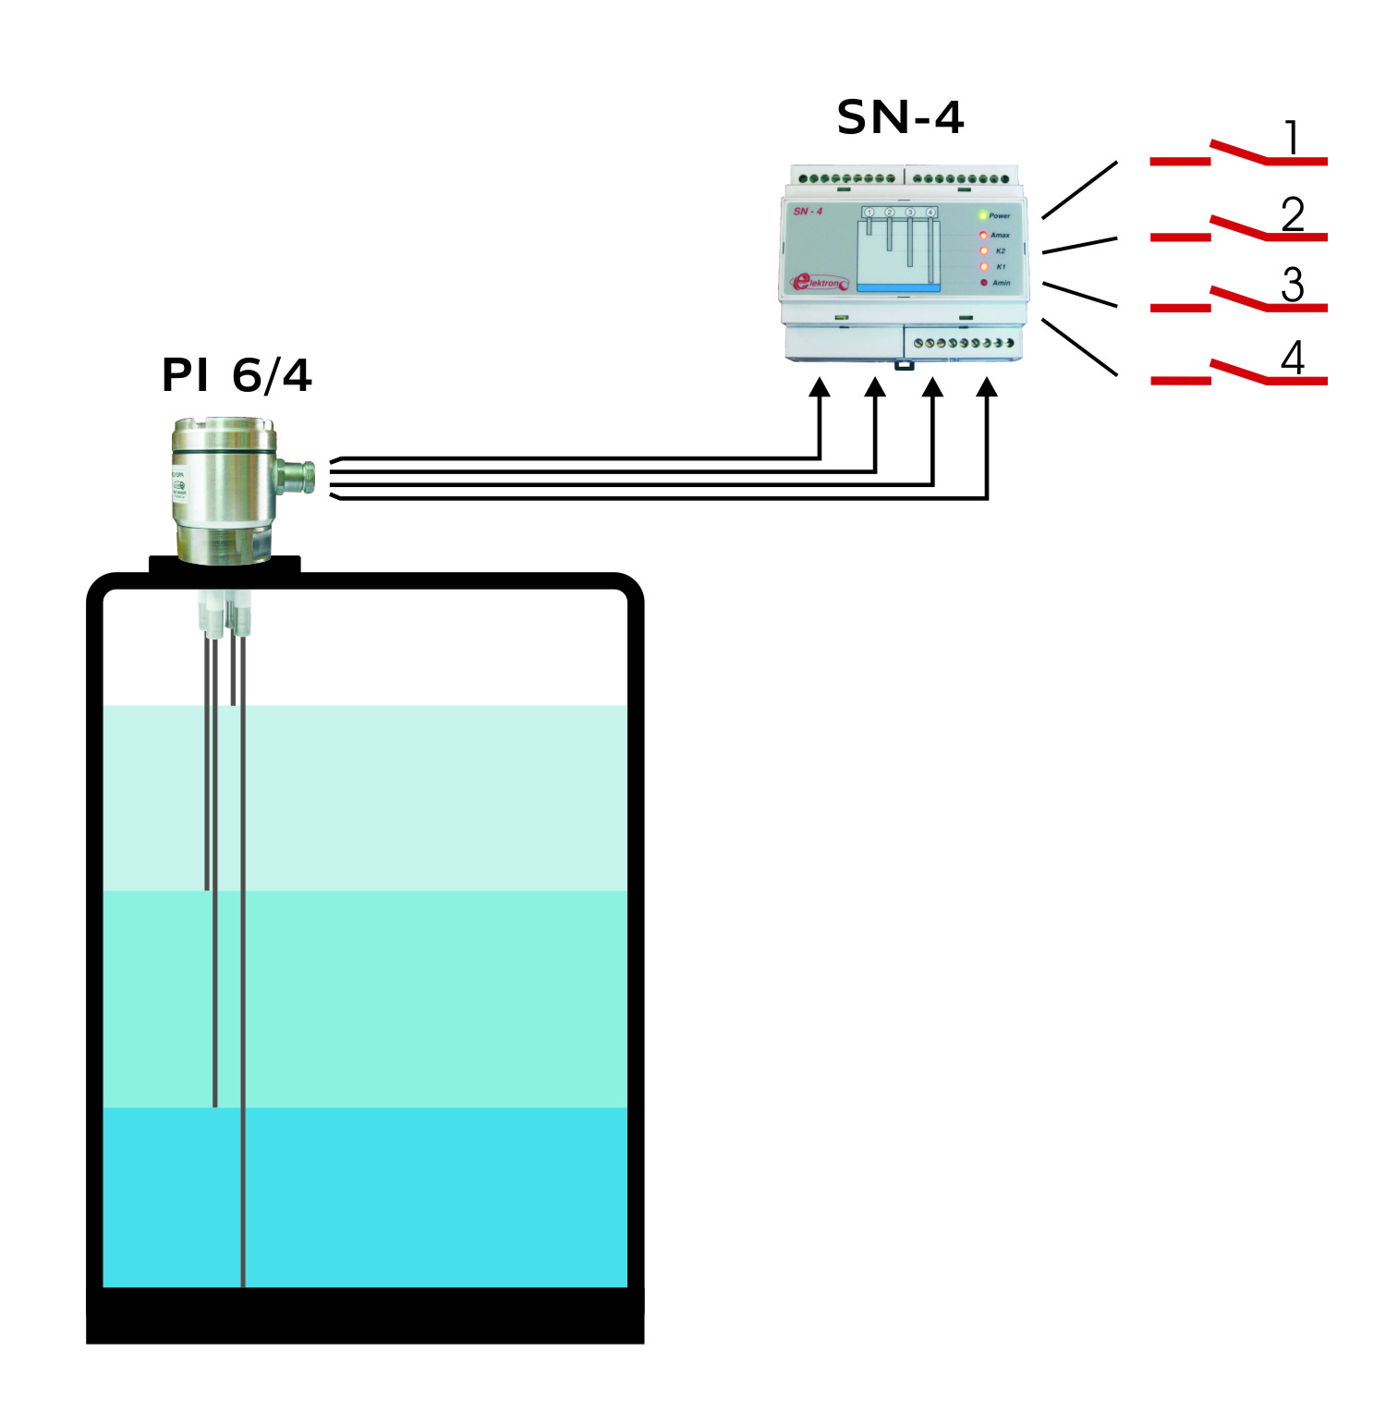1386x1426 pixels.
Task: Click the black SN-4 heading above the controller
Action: [x=899, y=117]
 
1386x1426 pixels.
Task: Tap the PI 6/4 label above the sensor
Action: [x=237, y=375]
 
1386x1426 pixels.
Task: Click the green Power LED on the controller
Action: [x=983, y=215]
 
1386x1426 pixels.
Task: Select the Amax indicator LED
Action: [x=983, y=235]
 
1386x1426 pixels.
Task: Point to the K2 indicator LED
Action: [x=983, y=250]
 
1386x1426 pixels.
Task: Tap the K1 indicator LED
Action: [x=983, y=266]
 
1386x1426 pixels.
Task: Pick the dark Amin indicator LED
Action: [x=983, y=282]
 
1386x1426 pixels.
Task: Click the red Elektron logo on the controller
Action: [x=819, y=282]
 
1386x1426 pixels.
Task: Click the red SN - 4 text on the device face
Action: [x=808, y=212]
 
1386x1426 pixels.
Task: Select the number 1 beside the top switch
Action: [x=1292, y=139]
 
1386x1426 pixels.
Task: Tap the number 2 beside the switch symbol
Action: [x=1292, y=214]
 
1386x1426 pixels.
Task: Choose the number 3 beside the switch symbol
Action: [x=1292, y=285]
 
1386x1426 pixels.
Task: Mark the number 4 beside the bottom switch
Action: [x=1292, y=358]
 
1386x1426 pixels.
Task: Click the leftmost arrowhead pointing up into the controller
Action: [x=820, y=387]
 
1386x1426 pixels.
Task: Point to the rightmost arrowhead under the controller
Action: [x=987, y=387]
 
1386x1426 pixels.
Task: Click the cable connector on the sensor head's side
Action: [x=298, y=475]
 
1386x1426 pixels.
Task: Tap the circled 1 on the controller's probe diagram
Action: [x=869, y=213]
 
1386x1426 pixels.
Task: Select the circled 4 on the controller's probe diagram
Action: [x=930, y=213]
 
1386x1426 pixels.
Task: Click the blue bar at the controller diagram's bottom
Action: [x=898, y=288]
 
